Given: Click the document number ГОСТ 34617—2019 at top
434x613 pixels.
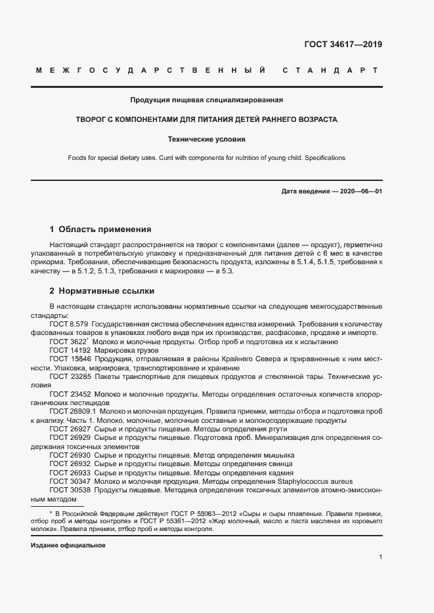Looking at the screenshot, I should click(x=343, y=45).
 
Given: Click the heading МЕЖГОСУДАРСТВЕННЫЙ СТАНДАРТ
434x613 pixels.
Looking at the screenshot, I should click(x=206, y=70).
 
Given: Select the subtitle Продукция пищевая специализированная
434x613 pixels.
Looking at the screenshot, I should click(x=206, y=100).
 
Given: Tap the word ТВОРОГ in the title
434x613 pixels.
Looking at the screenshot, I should click(x=93, y=120).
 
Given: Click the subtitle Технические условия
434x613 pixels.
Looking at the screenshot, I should click(x=206, y=139).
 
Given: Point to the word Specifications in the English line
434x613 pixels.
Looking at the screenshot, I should click(x=321, y=158).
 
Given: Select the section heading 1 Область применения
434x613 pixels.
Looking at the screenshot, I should click(x=100, y=229).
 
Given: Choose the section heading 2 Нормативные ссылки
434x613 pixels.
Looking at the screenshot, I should click(x=102, y=290).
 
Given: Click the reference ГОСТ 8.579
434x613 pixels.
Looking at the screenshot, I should click(x=69, y=324).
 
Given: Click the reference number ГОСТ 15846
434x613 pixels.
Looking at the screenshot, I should click(x=70, y=360).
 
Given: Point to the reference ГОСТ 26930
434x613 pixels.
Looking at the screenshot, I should click(x=70, y=454).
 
